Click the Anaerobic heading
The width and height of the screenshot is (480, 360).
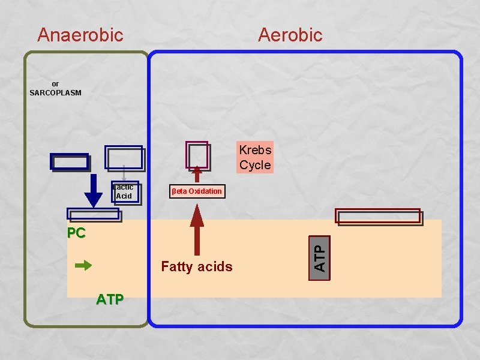coord(80,35)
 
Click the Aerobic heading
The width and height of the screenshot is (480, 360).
coord(290,35)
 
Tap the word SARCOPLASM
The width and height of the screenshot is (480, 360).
coord(55,93)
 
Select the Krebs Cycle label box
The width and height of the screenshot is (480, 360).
coord(255,157)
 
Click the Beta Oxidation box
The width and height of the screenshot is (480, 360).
coord(197,191)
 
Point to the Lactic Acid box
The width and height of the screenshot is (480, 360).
coord(125,192)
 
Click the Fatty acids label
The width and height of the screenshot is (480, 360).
coord(197,266)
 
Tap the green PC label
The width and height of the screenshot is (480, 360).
coord(76,233)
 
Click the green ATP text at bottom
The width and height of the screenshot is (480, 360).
coord(110,299)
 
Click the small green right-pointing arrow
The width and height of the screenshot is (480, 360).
coord(83,265)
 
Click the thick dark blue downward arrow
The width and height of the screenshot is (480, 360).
coord(94,190)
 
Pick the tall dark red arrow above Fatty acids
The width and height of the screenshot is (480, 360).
coord(197,230)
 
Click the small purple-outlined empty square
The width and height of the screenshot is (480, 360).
coord(197,155)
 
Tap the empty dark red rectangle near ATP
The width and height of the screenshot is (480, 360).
coord(378,216)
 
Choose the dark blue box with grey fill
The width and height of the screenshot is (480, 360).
coord(70,162)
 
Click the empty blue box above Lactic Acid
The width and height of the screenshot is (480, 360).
coord(124,157)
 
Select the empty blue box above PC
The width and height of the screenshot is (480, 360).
coord(93,213)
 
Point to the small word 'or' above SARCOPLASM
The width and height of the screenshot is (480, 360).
coord(55,84)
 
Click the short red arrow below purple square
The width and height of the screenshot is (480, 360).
coord(197,174)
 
